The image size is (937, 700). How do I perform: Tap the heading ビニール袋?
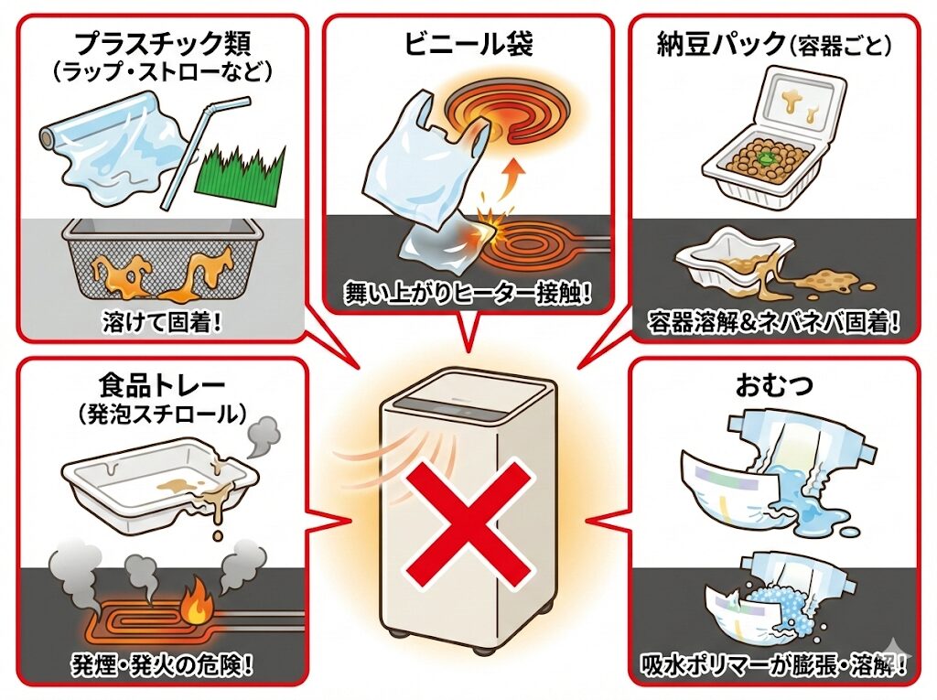tap(468, 41)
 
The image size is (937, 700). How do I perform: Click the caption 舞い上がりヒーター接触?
tap(468, 294)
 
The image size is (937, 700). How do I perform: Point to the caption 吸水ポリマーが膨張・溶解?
tap(774, 663)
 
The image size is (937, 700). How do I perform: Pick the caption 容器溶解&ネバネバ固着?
tap(774, 322)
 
